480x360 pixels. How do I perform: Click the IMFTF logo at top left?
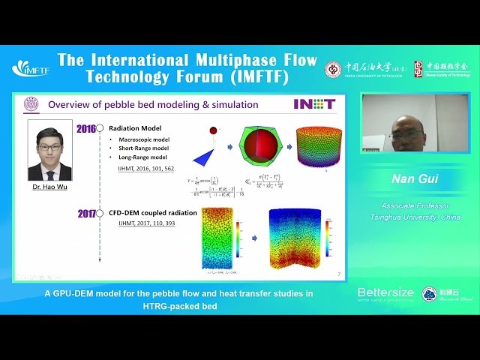coord(30,68)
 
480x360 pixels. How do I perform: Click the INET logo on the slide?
coord(313,104)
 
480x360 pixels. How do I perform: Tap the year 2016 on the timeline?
coord(86,129)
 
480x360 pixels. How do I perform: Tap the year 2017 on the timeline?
coord(88,214)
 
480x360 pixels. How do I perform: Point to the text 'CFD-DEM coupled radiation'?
coord(153,213)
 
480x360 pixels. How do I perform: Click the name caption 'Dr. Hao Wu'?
coord(49,186)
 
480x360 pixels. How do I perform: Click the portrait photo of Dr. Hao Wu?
coord(49,150)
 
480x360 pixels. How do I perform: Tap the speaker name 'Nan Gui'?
coord(413,179)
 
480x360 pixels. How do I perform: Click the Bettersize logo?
coord(386,293)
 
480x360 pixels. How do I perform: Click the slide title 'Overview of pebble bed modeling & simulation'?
coord(153,105)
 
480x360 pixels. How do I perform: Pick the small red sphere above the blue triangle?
coord(213,130)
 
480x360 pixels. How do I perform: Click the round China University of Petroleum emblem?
coord(333,70)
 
